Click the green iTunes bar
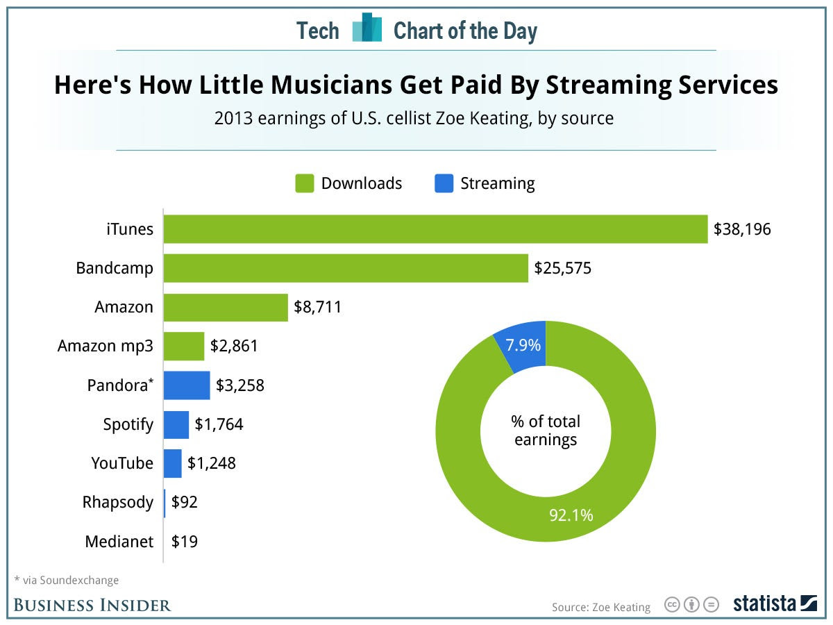click(435, 229)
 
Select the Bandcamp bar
click(346, 268)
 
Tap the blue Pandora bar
click(187, 385)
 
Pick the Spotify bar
click(176, 424)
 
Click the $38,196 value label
click(742, 229)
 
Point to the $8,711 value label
click(318, 307)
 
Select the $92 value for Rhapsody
click(185, 502)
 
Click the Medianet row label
click(119, 542)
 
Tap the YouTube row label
click(122, 463)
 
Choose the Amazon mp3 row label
click(105, 346)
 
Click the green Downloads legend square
click(304, 183)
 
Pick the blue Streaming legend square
click(444, 183)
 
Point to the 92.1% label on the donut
click(571, 515)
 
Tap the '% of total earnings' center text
click(546, 431)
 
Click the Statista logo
click(775, 604)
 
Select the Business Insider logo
click(92, 605)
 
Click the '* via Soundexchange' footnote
click(66, 580)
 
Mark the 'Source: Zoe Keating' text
click(601, 607)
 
